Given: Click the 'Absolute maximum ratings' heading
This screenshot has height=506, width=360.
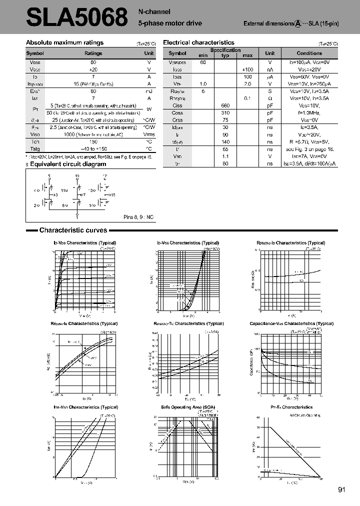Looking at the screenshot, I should [x=64, y=43].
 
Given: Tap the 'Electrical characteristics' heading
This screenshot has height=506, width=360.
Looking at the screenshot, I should [x=198, y=43].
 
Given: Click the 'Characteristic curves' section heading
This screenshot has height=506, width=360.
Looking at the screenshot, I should [x=73, y=230].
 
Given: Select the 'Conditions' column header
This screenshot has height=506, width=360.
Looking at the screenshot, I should [x=309, y=53].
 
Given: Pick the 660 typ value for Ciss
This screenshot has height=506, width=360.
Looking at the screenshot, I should [x=225, y=106].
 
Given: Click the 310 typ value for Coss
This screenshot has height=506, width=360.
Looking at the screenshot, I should [x=225, y=113].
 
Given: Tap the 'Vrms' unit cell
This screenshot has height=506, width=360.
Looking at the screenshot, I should [x=149, y=134].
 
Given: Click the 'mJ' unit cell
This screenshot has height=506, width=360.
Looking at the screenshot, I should [x=149, y=91].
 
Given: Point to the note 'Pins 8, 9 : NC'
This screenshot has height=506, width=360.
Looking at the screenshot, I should [x=138, y=217].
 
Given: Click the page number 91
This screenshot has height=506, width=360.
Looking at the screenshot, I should [x=342, y=490].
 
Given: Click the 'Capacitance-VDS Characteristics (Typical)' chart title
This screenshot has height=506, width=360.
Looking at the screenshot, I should [x=291, y=323].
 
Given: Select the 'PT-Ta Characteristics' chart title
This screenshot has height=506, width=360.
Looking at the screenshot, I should [x=291, y=407].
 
